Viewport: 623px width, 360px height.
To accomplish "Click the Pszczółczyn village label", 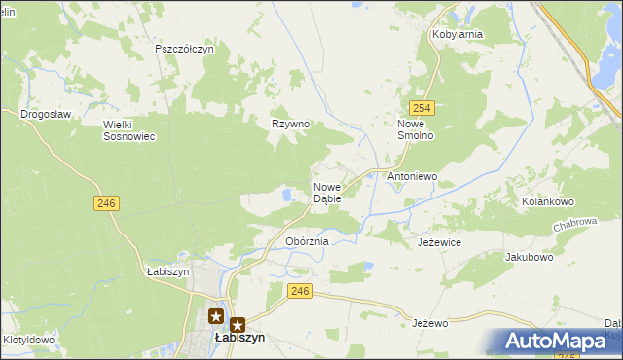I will click(184, 49).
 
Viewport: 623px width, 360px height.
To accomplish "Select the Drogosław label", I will click(47, 114).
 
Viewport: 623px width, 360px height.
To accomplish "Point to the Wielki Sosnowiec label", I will click(129, 129).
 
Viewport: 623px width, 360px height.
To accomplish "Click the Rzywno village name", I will click(290, 124).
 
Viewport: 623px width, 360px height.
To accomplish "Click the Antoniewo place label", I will click(413, 177).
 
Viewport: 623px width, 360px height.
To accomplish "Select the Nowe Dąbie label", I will click(327, 192).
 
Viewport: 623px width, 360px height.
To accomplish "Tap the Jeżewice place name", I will click(439, 241).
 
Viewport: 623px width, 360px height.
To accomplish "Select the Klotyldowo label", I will click(27, 341).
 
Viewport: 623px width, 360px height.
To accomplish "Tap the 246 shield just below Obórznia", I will click(301, 291).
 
